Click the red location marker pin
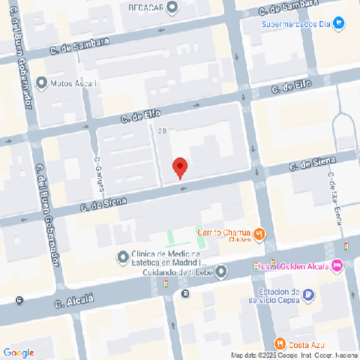click(x=179, y=168)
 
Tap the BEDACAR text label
click(x=147, y=7)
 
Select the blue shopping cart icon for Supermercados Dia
click(x=339, y=23)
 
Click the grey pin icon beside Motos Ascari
click(x=40, y=82)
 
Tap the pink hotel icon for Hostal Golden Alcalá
click(x=337, y=265)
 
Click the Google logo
click(x=19, y=352)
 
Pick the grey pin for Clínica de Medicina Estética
click(x=123, y=258)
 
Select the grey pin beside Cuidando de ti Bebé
click(x=220, y=273)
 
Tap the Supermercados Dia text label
click(x=295, y=23)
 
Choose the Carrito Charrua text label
click(x=223, y=232)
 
